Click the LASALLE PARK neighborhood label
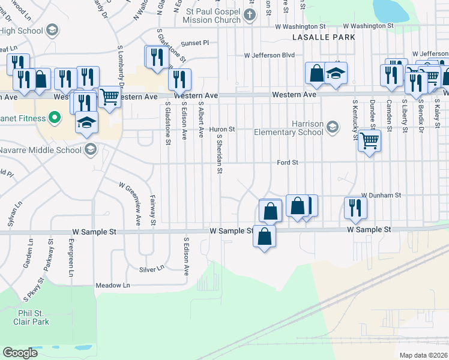[323, 37]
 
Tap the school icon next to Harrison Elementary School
[333, 127]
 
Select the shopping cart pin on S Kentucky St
[369, 141]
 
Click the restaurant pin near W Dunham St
[355, 206]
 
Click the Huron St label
[221, 129]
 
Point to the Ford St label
[288, 163]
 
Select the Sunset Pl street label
[195, 43]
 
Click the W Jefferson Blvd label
[269, 55]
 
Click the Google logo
[20, 353]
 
